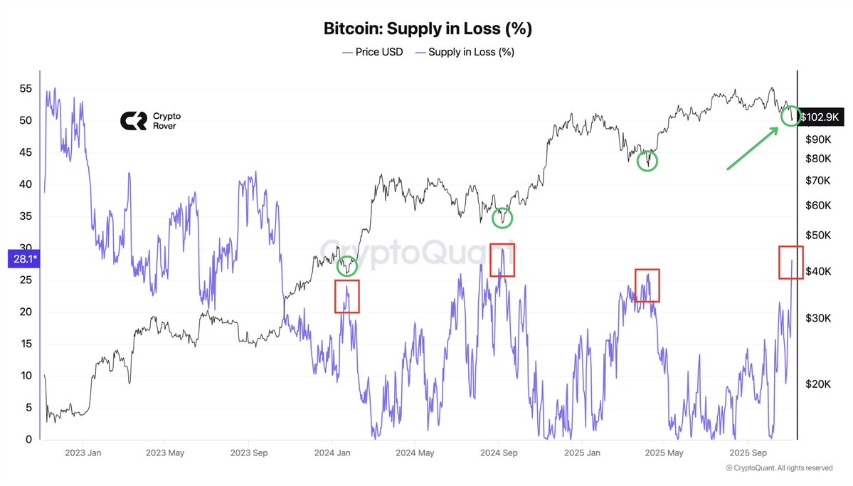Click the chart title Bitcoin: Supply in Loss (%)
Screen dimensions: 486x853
(x=428, y=29)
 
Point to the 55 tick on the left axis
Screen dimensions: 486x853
(x=25, y=89)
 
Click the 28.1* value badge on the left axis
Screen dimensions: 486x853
(x=21, y=259)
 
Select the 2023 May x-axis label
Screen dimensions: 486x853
(x=165, y=453)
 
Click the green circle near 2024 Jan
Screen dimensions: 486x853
(x=347, y=266)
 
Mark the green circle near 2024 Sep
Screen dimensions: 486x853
(x=503, y=218)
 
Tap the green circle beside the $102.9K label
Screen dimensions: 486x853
(x=790, y=115)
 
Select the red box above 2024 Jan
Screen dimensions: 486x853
(x=347, y=296)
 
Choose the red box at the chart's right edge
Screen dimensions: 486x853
(x=790, y=262)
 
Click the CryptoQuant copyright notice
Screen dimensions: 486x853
(x=779, y=467)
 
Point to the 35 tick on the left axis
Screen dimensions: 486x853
(x=25, y=216)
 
